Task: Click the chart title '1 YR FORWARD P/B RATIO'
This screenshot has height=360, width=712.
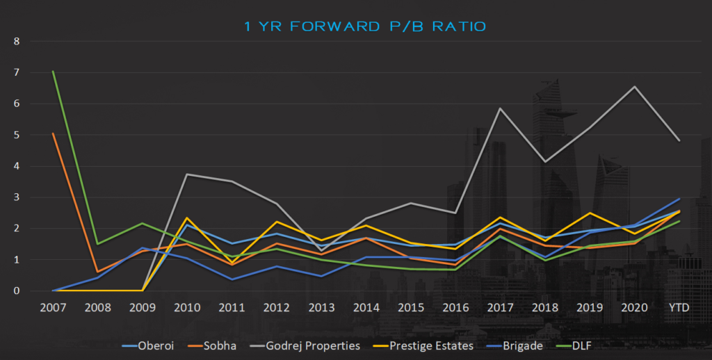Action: click(365, 26)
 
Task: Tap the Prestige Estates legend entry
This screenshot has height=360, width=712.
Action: click(432, 345)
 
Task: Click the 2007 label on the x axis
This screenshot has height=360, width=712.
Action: click(53, 306)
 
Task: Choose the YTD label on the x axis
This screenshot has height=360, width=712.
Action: click(679, 306)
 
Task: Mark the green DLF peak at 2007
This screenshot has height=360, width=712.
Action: click(53, 71)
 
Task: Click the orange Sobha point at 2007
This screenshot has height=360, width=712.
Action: click(53, 133)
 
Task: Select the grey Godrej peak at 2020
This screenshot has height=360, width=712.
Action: click(633, 87)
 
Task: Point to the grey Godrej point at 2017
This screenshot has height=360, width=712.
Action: click(500, 108)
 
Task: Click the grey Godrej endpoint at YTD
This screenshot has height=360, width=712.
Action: click(679, 141)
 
